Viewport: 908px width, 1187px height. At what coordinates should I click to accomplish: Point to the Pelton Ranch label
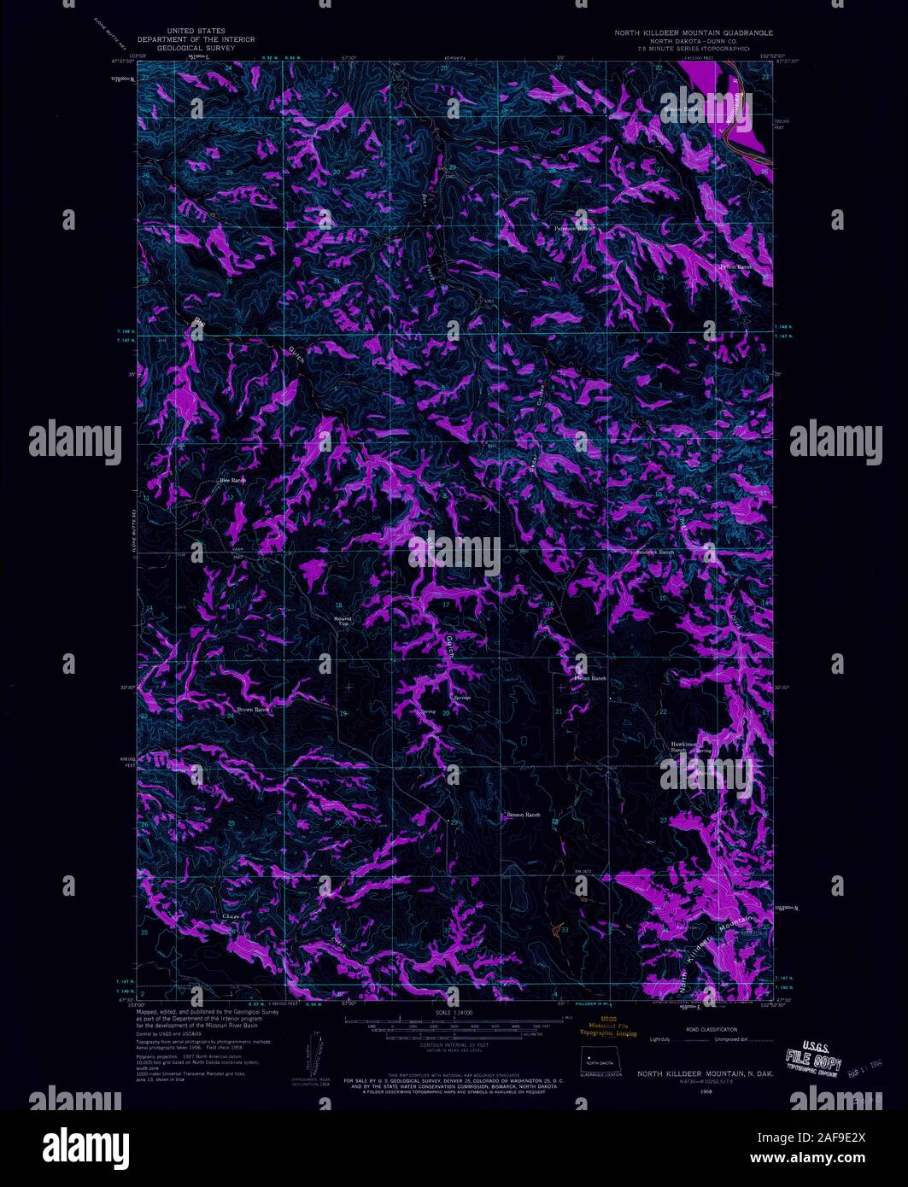point(735,267)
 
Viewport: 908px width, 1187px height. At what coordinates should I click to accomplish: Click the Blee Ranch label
point(232,481)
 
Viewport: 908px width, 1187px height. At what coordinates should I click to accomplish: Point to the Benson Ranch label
point(524,815)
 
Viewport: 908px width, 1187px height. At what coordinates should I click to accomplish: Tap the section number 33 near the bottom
point(565,929)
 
